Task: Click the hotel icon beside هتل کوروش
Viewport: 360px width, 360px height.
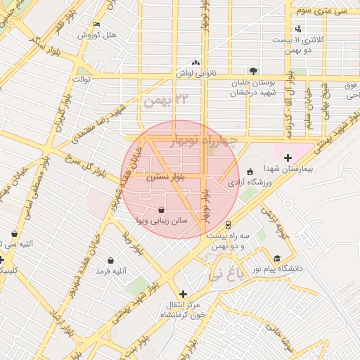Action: pos(97,25)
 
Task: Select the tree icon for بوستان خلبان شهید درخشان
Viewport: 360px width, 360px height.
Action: pos(253,70)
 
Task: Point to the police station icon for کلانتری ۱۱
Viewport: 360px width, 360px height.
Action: pos(299,29)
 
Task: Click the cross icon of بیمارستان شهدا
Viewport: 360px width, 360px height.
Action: pos(288,157)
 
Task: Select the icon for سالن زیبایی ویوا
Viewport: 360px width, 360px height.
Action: pos(162,210)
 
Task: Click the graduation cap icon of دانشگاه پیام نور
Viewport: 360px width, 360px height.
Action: pos(278,258)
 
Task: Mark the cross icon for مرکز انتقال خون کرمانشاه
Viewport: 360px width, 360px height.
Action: pos(184,294)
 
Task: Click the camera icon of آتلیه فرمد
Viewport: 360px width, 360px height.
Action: pos(110,260)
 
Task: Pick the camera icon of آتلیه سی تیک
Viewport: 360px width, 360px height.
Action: pos(14,234)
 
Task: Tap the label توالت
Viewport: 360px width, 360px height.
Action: pos(84,79)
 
